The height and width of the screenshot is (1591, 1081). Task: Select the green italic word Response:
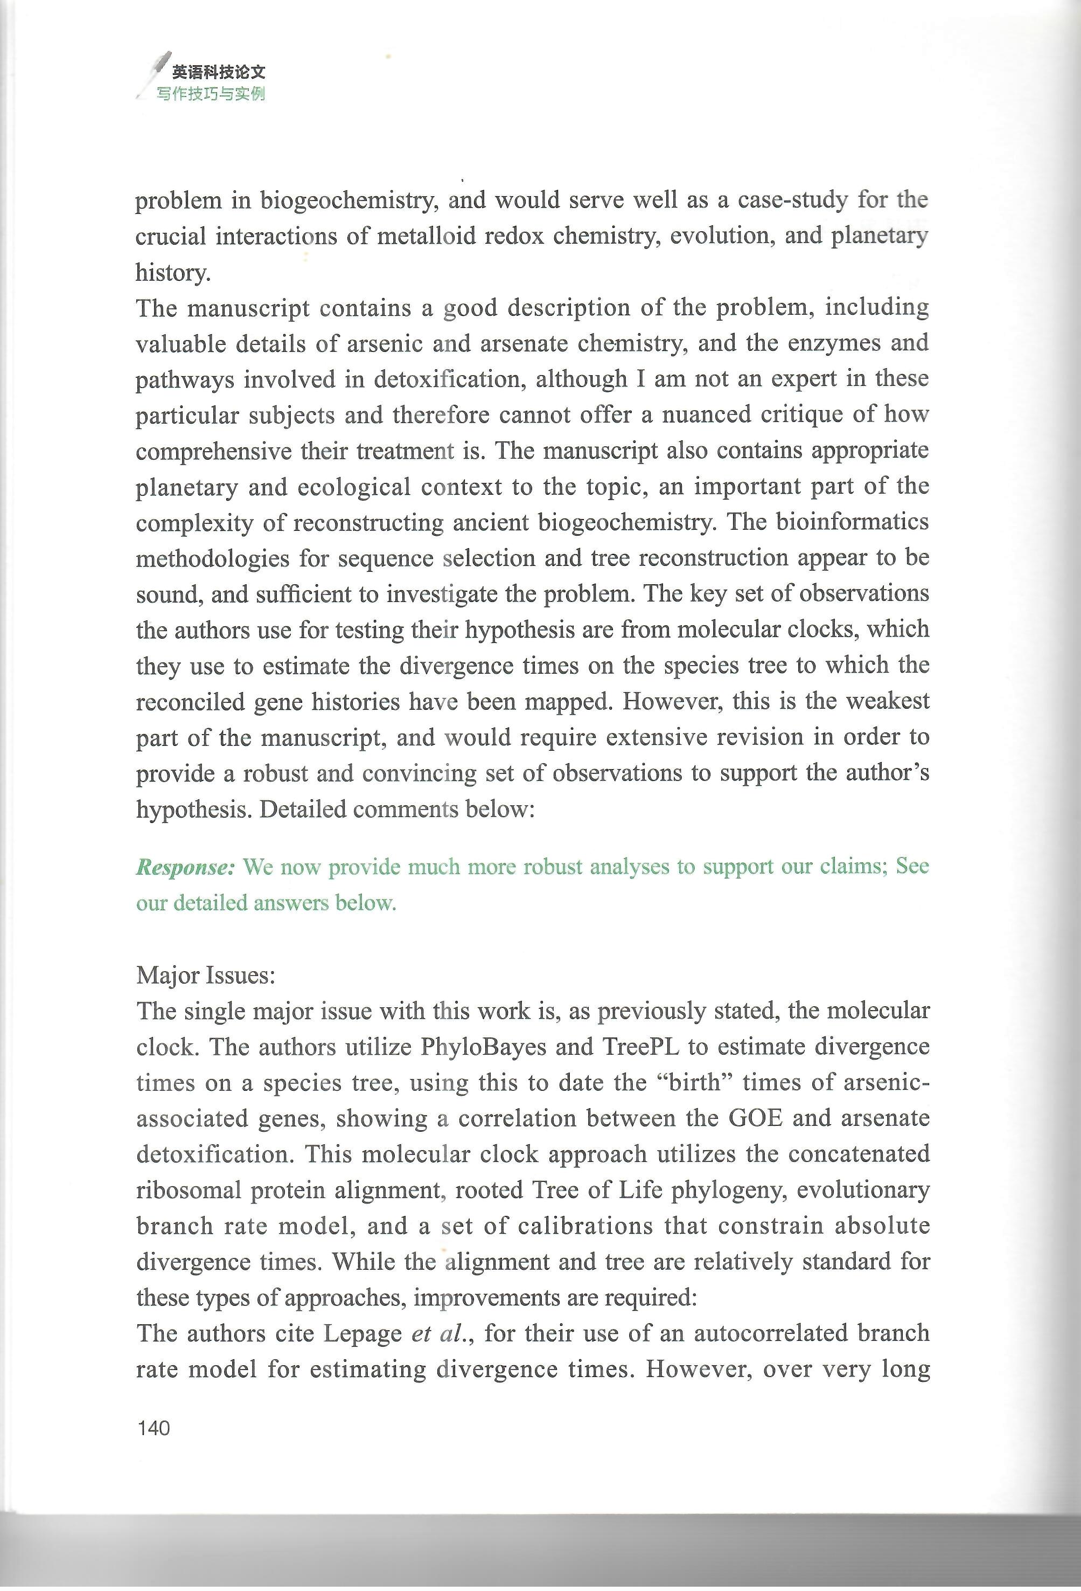click(x=185, y=867)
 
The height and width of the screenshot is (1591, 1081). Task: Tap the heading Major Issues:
click(x=205, y=975)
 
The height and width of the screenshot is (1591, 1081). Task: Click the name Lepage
click(x=362, y=1333)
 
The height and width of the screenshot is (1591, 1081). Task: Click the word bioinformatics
click(x=852, y=522)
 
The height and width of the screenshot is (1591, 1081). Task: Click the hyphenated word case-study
click(x=792, y=200)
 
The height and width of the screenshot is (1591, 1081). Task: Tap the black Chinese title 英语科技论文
click(x=218, y=72)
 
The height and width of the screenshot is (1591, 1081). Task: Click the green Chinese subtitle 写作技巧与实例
click(x=210, y=94)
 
